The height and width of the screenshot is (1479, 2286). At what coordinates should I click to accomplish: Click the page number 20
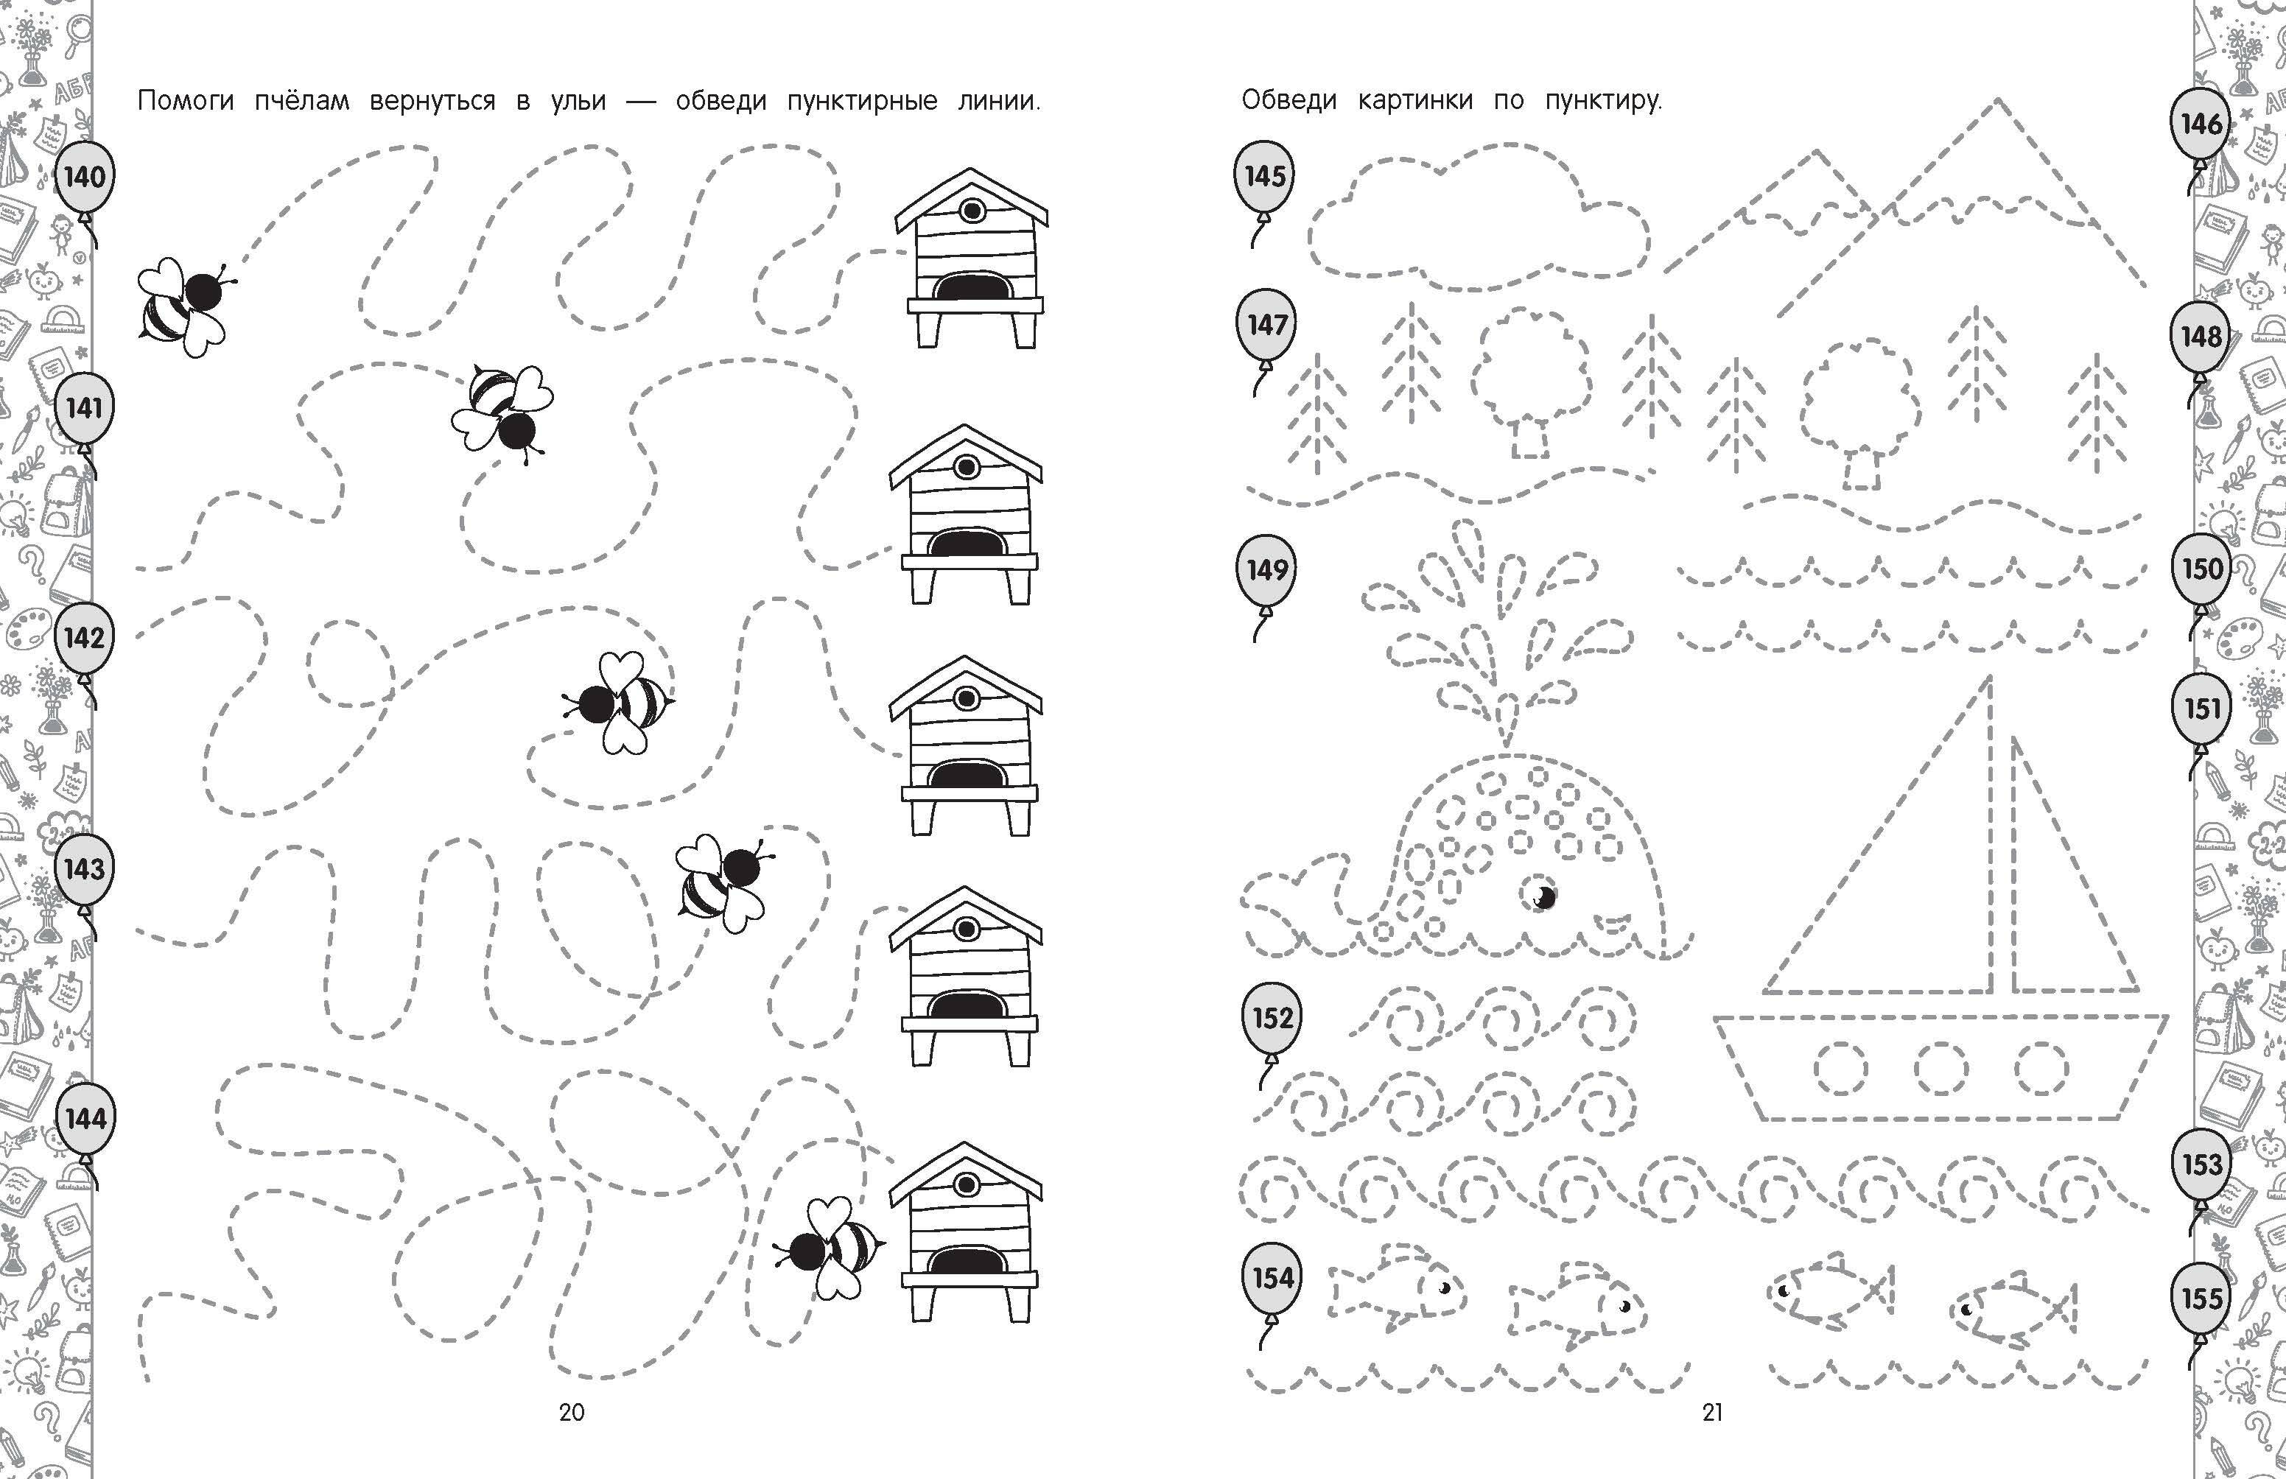pyautogui.click(x=572, y=1412)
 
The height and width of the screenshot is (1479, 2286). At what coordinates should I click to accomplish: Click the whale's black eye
pyautogui.click(x=1542, y=896)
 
